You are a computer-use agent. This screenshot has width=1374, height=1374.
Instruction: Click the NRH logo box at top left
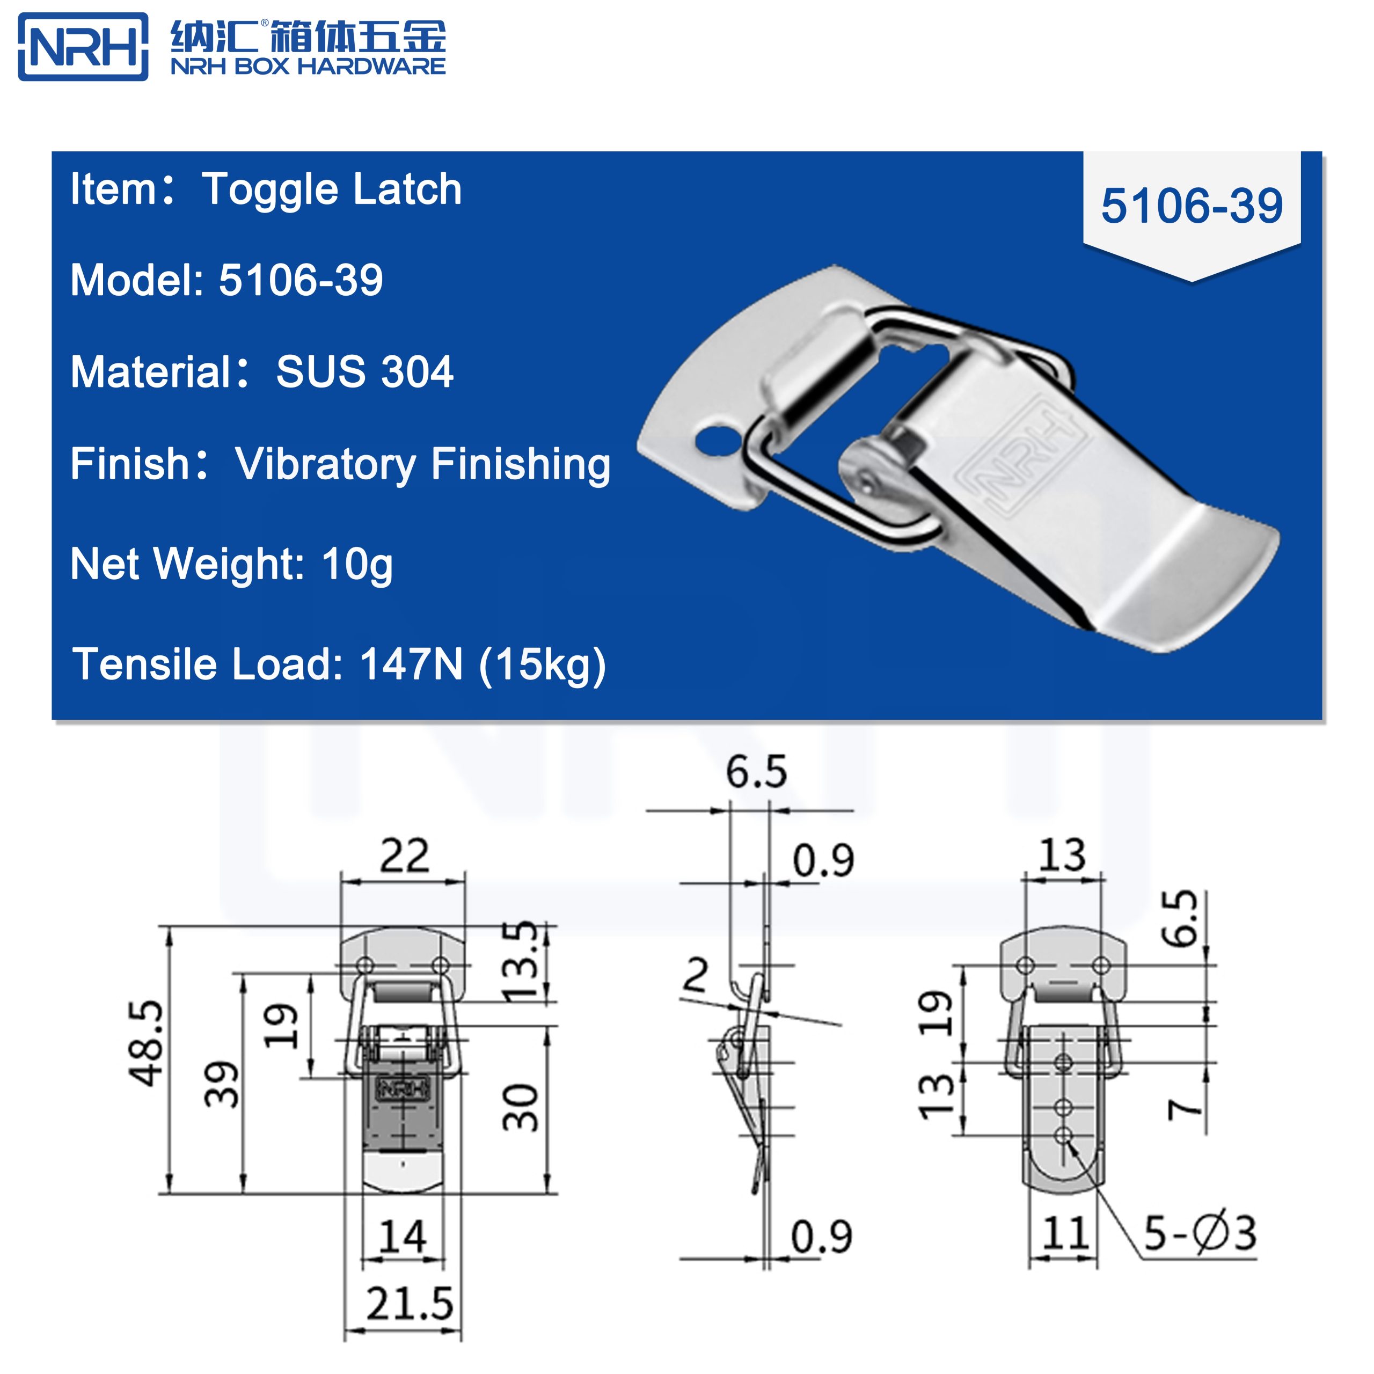coord(83,46)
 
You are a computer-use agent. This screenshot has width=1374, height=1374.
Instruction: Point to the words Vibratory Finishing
coord(422,464)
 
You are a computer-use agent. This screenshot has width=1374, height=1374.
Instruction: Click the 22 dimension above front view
coord(404,856)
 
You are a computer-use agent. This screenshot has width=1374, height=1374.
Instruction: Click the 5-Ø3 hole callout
coord(1200,1234)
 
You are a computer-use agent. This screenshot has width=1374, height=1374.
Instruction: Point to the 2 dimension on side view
coord(695,975)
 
